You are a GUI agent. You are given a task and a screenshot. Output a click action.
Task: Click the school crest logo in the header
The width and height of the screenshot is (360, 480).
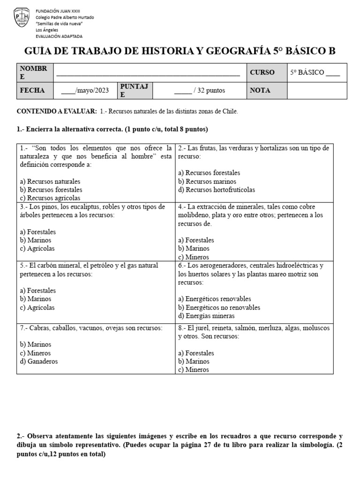pos(22,17)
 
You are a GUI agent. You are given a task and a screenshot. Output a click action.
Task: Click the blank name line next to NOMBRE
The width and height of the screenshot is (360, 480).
pos(148,73)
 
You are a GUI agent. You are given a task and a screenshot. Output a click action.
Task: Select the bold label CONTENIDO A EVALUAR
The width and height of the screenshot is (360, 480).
pos(57,111)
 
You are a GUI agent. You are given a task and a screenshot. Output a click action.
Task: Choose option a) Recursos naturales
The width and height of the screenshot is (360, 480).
pos(50,181)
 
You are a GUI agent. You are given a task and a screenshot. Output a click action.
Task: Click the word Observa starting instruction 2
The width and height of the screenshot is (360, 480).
pos(42,436)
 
